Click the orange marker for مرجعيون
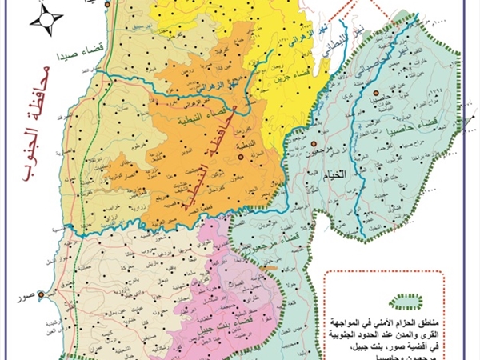tap(307, 146)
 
